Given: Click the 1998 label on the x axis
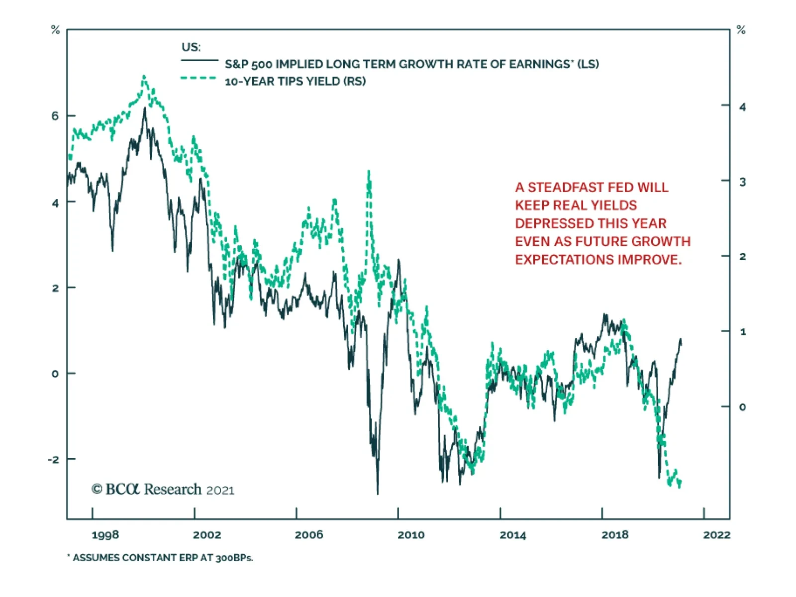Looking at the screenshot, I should pos(105,535).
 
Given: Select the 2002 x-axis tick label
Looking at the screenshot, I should pos(207,535).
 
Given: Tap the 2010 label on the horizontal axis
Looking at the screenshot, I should pos(411,535).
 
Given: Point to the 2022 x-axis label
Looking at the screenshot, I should pos(716,535).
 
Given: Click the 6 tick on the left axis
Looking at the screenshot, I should pos(55,116).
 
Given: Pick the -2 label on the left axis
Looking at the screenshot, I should pos(53,459).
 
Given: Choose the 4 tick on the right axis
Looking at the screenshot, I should pos(742,107).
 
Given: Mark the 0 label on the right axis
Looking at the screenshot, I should pos(742,407).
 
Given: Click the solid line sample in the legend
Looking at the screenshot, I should pos(199,60).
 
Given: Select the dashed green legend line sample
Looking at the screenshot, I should pos(199,78).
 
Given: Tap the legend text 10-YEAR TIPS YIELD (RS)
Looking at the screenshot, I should pos(295,81).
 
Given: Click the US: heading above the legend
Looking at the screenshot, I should pos(191,47).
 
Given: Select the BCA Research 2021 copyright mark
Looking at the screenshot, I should pos(163,490).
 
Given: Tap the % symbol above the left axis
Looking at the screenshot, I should pos(56,30).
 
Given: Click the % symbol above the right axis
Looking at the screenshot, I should pos(741,30).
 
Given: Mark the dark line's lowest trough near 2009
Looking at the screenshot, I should pos(378,493).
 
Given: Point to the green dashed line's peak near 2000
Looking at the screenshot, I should pos(144,77).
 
